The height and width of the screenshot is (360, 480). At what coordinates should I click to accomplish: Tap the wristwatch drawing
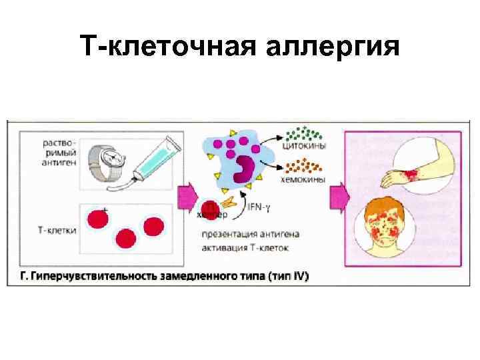(x=110, y=161)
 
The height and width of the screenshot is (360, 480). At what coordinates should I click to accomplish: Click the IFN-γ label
(x=259, y=208)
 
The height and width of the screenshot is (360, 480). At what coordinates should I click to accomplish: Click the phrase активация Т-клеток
(x=247, y=248)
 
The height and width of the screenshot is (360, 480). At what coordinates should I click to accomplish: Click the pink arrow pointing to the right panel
(x=339, y=198)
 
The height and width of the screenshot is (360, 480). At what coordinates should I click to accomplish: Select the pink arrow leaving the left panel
(x=187, y=198)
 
